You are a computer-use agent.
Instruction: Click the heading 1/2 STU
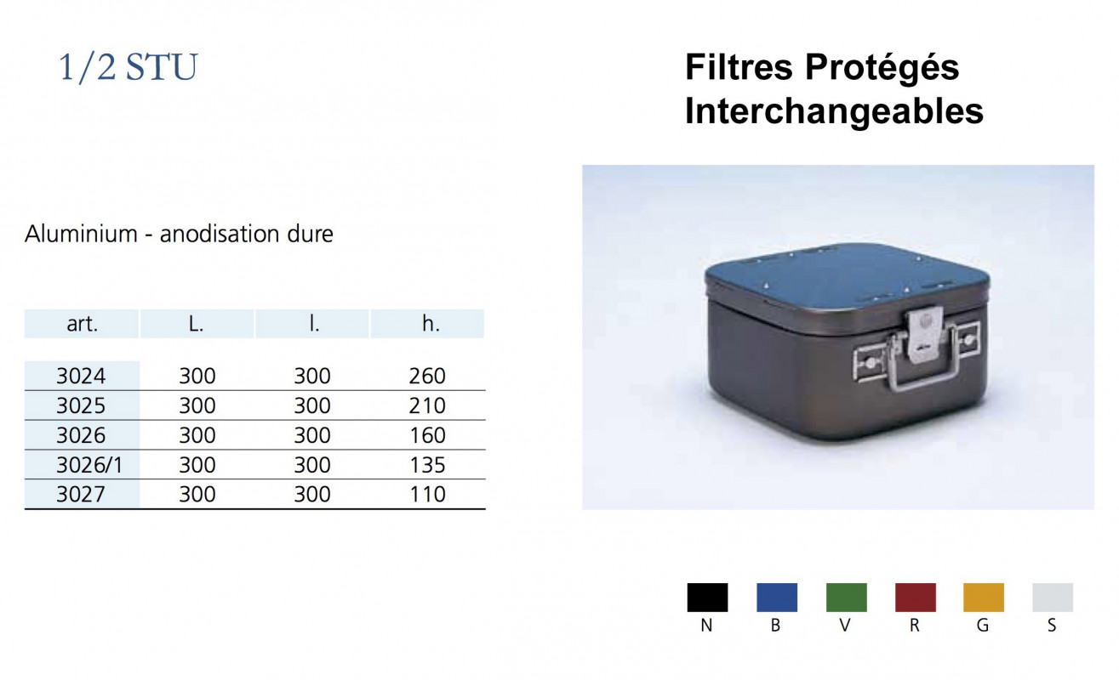pos(128,68)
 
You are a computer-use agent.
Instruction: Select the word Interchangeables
pos(834,111)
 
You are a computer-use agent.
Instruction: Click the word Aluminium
pos(82,234)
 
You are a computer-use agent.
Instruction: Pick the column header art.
pos(82,324)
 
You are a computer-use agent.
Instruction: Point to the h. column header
pos(427,324)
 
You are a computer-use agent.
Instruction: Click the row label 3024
pos(82,376)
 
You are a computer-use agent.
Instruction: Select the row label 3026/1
pos(82,465)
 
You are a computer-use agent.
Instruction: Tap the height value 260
pos(427,376)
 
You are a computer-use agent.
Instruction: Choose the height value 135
pos(427,465)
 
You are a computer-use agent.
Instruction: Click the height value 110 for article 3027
pos(427,494)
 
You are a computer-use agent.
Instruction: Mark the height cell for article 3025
pos(427,405)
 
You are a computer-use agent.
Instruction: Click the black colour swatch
pos(707,598)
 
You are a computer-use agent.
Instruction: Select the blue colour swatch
pos(777,598)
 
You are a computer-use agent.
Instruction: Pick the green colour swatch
pos(847,598)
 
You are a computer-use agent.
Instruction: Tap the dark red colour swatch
pos(916,598)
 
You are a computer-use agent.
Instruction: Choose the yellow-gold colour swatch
pos(984,598)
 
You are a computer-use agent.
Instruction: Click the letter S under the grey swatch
pos(1053,626)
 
